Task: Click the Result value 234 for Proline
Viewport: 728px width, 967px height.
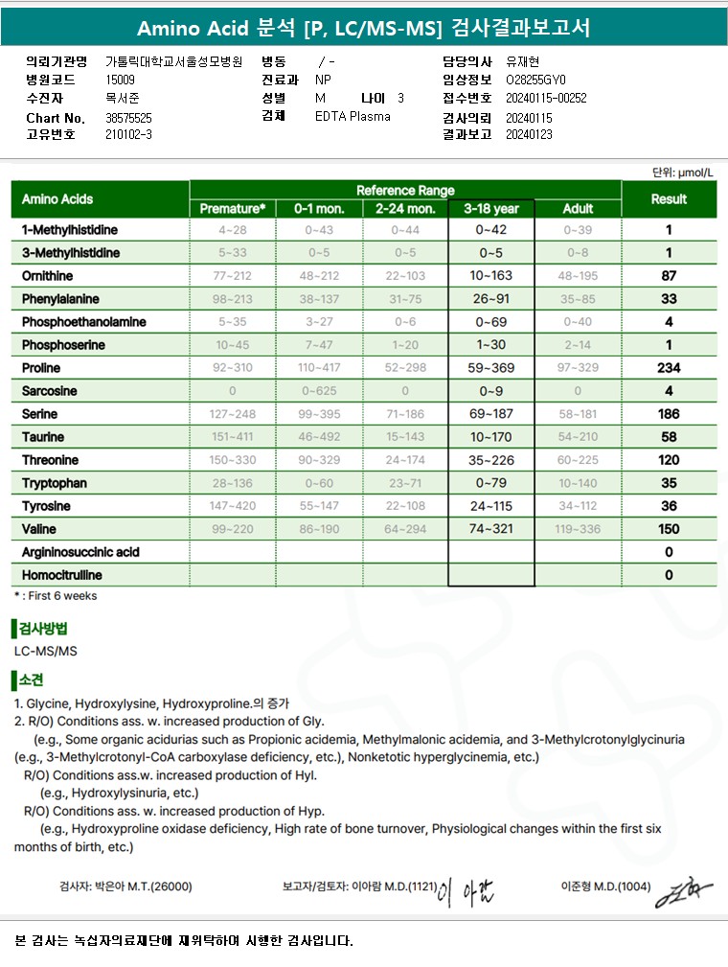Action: point(669,368)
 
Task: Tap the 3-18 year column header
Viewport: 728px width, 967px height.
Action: point(490,208)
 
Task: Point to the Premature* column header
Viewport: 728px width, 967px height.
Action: point(233,208)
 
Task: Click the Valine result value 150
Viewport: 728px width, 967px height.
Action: point(669,529)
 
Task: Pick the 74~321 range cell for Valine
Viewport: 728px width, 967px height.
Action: point(490,529)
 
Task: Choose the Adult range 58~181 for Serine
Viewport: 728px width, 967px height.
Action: point(578,414)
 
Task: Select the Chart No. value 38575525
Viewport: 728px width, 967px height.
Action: point(129,118)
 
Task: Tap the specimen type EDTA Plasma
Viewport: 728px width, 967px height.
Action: point(353,117)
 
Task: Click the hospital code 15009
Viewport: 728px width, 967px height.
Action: point(121,81)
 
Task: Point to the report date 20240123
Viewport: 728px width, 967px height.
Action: point(531,135)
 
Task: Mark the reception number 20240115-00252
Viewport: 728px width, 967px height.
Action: point(546,98)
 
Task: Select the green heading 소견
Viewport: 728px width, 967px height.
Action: point(32,680)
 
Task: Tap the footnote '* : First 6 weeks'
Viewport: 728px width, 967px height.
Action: point(56,596)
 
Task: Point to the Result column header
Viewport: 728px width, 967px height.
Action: point(669,199)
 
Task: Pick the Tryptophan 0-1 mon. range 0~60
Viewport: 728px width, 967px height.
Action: point(319,483)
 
